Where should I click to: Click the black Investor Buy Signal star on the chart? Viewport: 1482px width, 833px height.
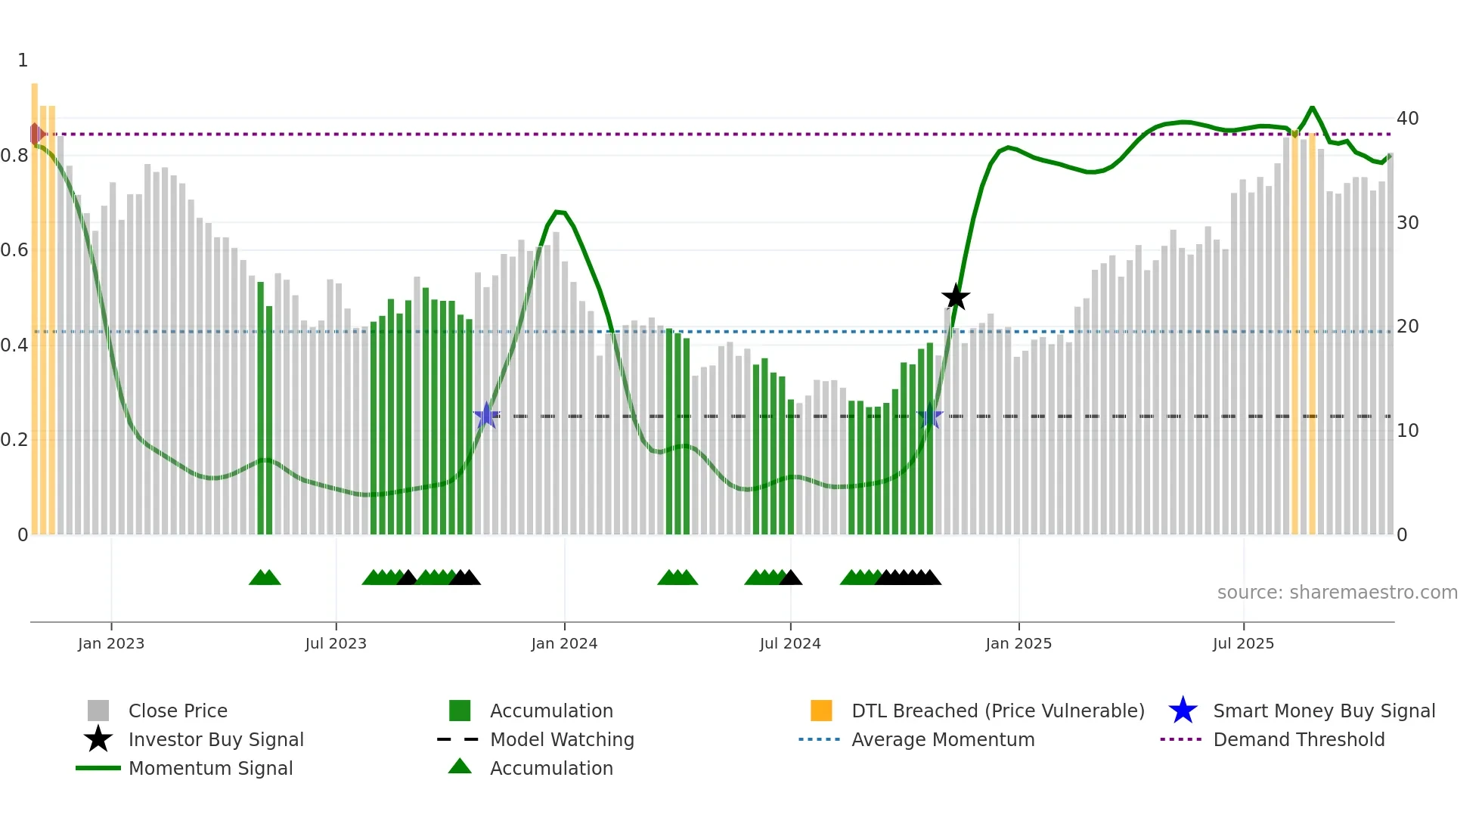[956, 297]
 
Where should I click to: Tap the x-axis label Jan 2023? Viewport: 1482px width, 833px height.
[111, 644]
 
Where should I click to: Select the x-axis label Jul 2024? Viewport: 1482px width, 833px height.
[790, 644]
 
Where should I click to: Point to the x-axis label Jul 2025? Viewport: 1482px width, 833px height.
[1243, 644]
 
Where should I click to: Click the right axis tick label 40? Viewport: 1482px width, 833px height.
[1407, 119]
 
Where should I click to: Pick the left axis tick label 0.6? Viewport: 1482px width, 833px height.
[14, 250]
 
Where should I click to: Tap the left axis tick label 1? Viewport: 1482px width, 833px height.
[23, 60]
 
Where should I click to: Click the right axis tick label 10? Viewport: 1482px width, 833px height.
[1407, 431]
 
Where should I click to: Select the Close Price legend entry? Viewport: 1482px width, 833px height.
[178, 711]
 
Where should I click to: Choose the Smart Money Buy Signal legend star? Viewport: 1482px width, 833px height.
[1183, 711]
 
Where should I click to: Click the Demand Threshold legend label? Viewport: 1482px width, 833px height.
[1298, 740]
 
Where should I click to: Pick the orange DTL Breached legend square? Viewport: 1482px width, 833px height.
[821, 711]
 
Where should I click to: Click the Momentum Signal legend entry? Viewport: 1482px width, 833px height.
[210, 769]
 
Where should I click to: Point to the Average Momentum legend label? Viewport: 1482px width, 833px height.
[943, 740]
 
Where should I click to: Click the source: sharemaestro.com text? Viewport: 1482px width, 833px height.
[1337, 593]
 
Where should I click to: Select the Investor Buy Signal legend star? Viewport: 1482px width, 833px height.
[98, 740]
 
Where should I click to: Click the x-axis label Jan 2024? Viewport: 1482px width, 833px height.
[564, 644]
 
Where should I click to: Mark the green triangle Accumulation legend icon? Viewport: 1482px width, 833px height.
[460, 767]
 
